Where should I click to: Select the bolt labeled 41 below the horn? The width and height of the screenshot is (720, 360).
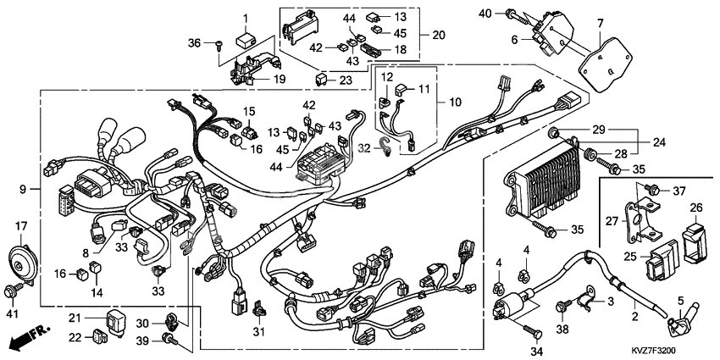14,291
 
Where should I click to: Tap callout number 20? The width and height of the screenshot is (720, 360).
438,36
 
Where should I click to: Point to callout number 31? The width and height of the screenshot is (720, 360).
260,331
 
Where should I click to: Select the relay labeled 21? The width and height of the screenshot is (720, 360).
112,320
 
